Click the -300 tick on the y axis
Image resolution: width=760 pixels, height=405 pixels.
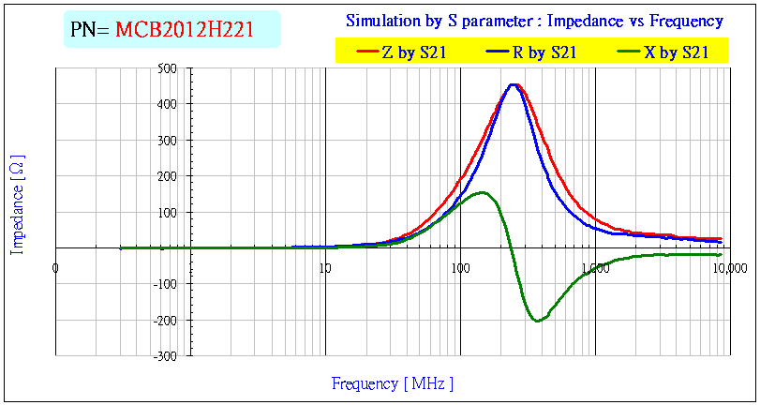(166, 356)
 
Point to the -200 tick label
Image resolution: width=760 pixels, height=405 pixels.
(166, 321)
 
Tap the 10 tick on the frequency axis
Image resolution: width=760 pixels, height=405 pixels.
(324, 269)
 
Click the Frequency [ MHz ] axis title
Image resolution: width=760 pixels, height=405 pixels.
(392, 382)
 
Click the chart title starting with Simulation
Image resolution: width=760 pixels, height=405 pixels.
(534, 21)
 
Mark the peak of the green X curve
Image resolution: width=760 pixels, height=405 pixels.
(483, 192)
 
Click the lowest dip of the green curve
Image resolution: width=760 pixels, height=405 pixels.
(537, 321)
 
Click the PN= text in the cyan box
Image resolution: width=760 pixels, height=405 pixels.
(91, 30)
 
